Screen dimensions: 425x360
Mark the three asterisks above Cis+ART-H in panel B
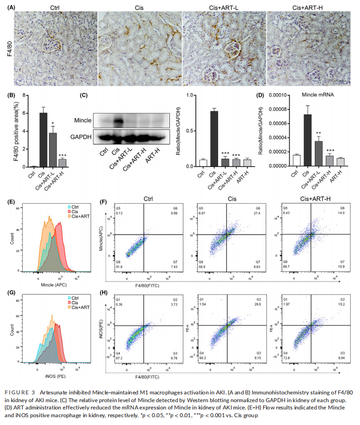point(62,155)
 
